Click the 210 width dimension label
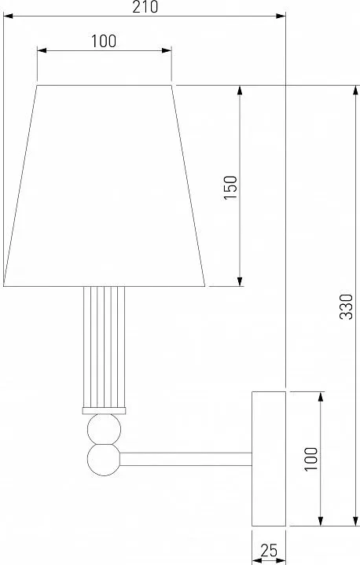click(x=145, y=7)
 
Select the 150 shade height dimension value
click(x=230, y=188)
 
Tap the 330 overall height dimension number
click(x=347, y=306)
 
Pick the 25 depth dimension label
click(x=269, y=551)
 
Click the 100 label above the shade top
click(x=104, y=42)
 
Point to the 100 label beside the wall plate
click(x=311, y=459)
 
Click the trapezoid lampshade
click(x=104, y=186)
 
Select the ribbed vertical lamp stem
click(x=104, y=347)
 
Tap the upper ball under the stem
click(x=104, y=429)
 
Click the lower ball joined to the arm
click(x=104, y=460)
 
